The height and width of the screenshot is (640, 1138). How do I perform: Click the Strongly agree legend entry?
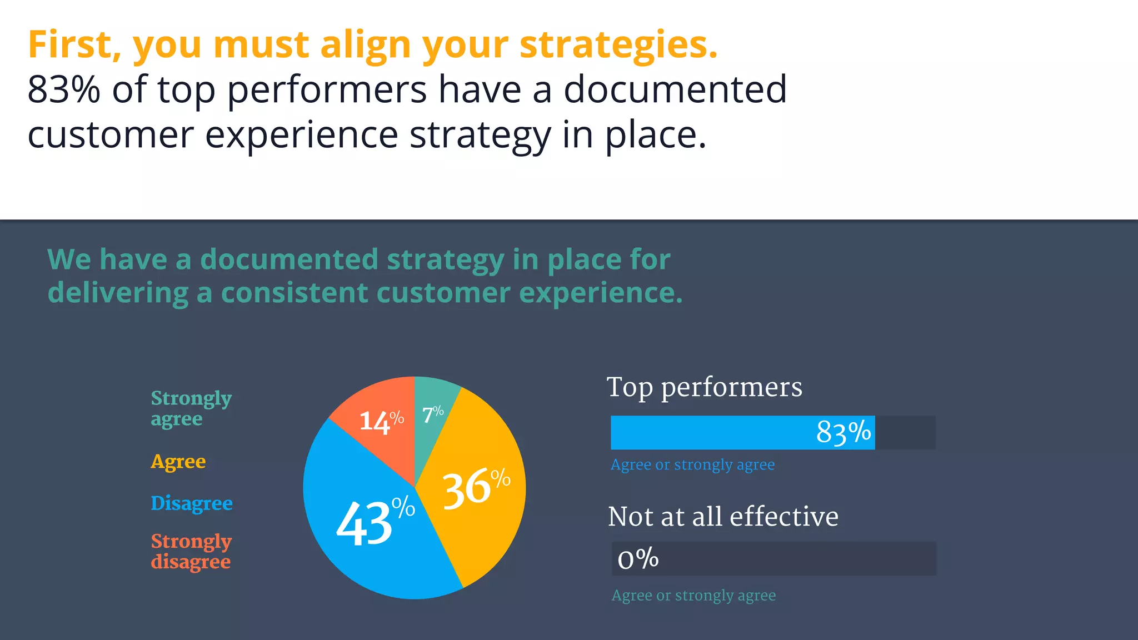191,408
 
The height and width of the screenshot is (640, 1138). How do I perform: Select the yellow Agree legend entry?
178,462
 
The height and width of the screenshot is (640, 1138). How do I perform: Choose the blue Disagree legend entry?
191,503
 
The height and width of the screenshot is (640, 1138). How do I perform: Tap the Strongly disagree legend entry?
191,551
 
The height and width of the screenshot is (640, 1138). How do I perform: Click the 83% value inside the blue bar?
843,433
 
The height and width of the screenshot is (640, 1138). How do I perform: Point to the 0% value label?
638,558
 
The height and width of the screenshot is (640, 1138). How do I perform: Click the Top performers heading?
704,387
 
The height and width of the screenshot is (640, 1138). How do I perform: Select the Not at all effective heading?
722,517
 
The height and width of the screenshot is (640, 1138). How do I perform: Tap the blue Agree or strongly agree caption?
692,464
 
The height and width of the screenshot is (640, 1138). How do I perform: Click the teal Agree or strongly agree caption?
693,596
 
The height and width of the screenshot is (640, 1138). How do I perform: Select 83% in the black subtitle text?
63,90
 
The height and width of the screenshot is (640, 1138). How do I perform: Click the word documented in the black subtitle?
675,90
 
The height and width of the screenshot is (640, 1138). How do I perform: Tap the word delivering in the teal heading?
118,293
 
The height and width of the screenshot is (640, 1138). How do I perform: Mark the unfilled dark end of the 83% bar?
905,433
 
